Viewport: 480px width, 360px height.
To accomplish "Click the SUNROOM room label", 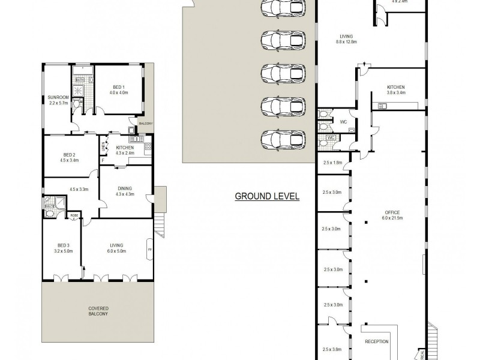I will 58,97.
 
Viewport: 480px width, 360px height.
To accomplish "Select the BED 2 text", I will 66,155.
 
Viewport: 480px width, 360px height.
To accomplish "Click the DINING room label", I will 125,188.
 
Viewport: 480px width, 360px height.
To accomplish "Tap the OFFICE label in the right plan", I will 392,212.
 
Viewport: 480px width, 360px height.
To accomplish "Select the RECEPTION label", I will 377,341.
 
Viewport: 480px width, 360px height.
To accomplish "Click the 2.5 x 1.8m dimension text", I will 332,163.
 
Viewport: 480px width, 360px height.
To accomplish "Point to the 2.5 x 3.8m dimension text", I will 332,349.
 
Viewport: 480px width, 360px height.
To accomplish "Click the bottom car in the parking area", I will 283,139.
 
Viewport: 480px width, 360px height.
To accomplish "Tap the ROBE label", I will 74,215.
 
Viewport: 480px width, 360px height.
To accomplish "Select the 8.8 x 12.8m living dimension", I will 346,42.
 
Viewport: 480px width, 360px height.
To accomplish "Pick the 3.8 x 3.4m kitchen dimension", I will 396,93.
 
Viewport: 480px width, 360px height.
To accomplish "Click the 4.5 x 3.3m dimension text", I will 79,190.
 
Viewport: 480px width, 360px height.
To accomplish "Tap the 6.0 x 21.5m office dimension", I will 392,218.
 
